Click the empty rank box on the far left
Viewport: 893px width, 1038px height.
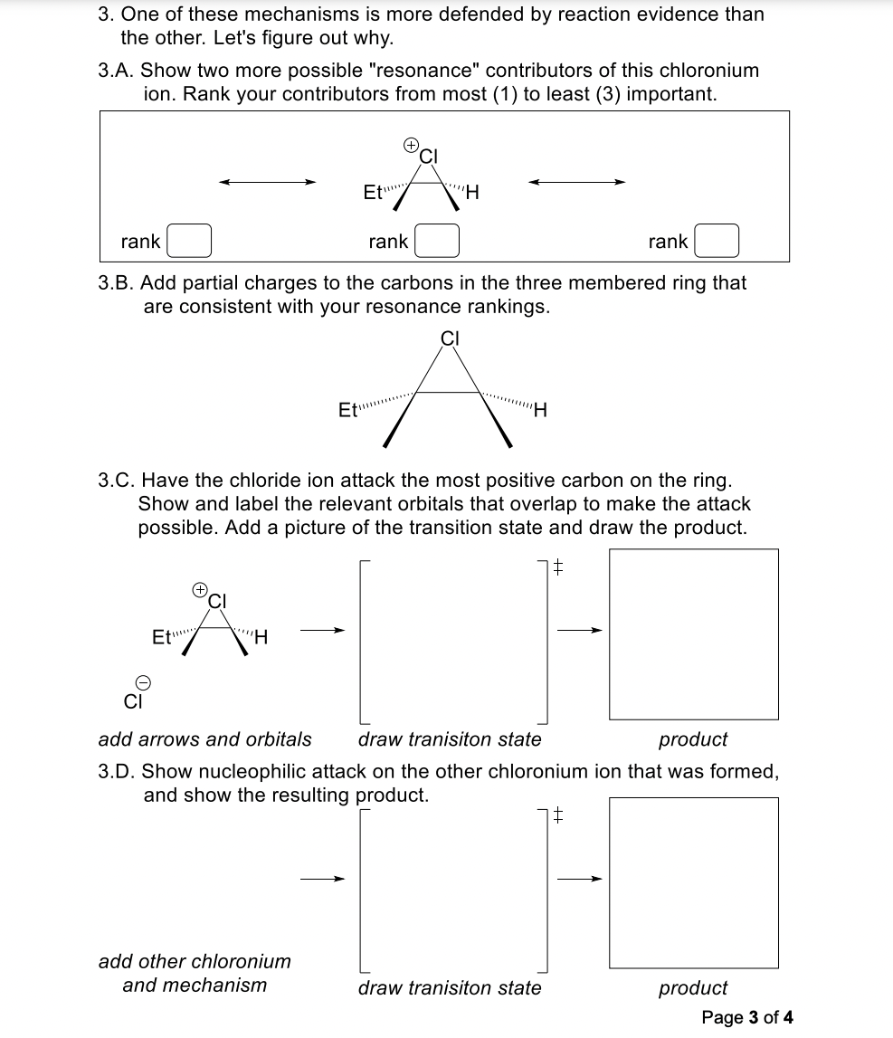point(188,242)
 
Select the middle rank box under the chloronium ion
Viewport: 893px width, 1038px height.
point(436,242)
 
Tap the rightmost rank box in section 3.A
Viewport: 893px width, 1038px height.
point(716,242)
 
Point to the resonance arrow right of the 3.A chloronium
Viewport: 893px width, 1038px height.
point(577,182)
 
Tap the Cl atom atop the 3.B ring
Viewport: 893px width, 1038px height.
point(451,338)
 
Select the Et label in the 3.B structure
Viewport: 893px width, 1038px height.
point(347,410)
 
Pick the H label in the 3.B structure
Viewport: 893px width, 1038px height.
point(541,411)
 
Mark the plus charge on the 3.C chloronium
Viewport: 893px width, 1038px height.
point(199,589)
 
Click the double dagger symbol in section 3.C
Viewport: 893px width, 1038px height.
point(558,568)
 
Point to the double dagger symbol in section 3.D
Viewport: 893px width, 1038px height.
point(558,816)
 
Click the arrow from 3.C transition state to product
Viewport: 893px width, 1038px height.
point(578,631)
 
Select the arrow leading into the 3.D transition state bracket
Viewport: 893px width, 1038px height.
point(323,878)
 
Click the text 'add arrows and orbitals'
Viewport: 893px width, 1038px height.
point(204,739)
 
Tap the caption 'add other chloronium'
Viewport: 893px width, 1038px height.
point(195,961)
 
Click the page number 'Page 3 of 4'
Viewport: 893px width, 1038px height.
point(747,1017)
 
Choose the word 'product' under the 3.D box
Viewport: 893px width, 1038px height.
point(693,988)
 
